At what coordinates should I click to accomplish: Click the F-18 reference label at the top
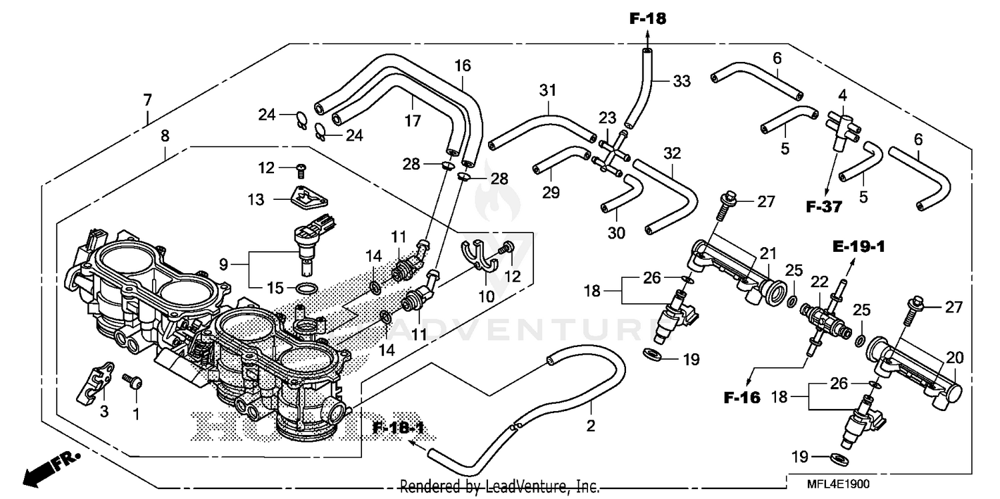click(647, 19)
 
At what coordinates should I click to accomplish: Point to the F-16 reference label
click(741, 398)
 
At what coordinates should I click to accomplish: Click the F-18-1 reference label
click(399, 427)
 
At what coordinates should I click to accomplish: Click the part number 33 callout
click(681, 81)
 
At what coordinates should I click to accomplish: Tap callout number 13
click(256, 199)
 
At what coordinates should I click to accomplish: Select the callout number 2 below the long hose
click(591, 425)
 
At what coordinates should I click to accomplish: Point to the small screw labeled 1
click(133, 382)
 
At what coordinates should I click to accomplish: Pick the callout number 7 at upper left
click(147, 101)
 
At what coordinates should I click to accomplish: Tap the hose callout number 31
click(547, 90)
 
